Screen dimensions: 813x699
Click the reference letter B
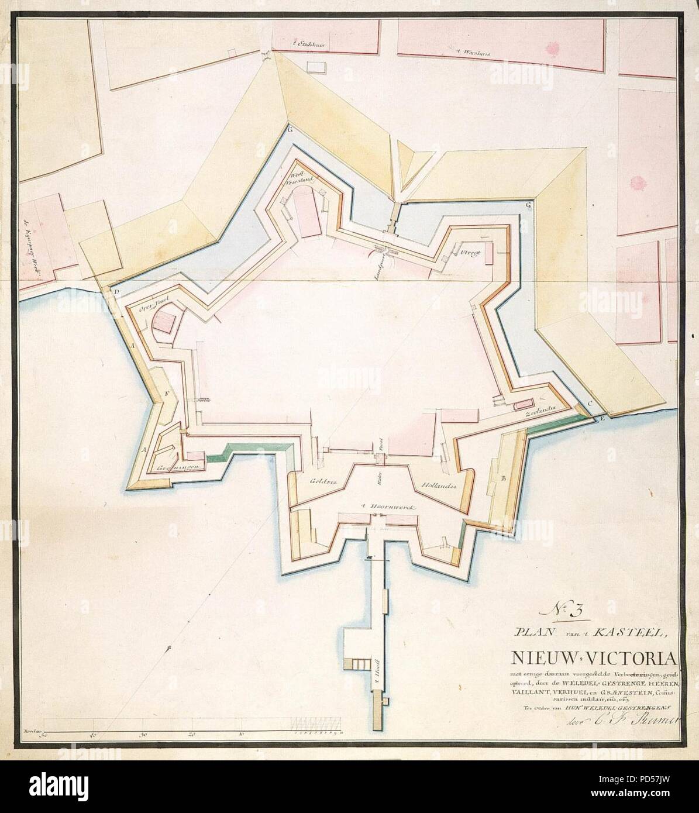point(504,479)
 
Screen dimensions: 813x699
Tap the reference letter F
point(167,394)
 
